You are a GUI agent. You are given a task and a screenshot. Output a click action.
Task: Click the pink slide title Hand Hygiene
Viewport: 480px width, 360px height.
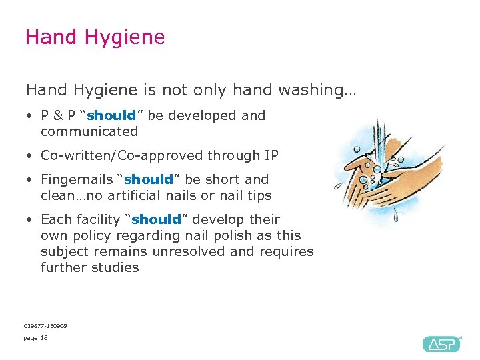tap(95, 37)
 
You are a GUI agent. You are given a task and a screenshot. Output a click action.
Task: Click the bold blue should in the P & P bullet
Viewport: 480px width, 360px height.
tap(111, 115)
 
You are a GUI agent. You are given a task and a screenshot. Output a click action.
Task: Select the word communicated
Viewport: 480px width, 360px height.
tap(89, 131)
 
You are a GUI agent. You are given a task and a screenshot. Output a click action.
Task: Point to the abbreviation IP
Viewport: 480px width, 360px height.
tap(271, 155)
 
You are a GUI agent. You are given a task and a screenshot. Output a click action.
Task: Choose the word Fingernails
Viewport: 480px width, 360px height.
tap(76, 179)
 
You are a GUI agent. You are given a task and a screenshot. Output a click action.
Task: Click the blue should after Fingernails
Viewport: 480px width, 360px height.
tap(149, 179)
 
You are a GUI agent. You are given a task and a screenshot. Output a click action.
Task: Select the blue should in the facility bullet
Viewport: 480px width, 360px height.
tap(157, 219)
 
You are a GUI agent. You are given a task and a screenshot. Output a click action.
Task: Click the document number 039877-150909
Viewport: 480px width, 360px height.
tap(45, 325)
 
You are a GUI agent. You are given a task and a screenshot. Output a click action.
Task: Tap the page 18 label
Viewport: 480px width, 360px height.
tap(35, 338)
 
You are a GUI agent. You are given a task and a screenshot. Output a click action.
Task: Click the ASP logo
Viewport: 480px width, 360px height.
tap(441, 343)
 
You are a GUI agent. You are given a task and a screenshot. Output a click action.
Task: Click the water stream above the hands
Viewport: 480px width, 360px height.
tap(379, 137)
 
